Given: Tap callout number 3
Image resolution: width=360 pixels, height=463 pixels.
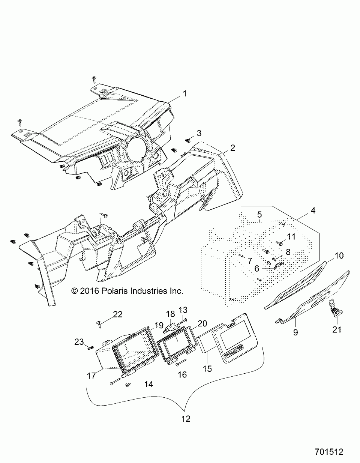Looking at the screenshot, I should pos(199,133).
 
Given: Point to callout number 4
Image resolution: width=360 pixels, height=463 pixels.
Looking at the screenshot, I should pos(312,210).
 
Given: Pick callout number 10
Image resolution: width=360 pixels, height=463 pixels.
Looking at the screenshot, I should pos(339,256).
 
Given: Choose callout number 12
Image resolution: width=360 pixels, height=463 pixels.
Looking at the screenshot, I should pos(186,419).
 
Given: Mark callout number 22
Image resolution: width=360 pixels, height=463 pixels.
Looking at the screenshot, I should pos(118,314).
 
